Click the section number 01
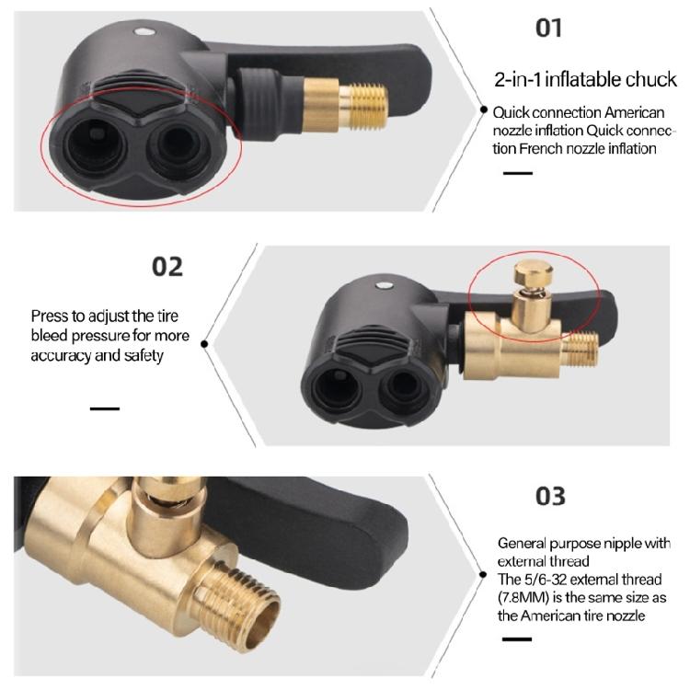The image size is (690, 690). (548, 28)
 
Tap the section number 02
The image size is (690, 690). (167, 267)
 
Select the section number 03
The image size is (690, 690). (550, 496)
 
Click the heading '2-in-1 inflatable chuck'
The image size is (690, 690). (586, 80)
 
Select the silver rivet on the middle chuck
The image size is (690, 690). (383, 285)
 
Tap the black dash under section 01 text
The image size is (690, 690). (518, 173)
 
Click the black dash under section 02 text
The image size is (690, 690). (105, 408)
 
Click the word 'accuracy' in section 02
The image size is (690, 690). (61, 355)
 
